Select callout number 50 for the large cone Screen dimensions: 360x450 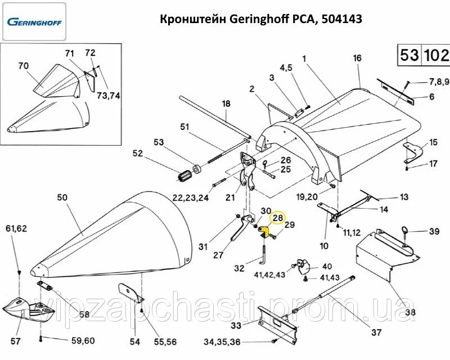[62, 197]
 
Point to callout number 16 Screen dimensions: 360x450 [357, 58]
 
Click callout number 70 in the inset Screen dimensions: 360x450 [23, 66]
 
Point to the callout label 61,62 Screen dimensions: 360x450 [16, 228]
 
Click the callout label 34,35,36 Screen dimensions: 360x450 [222, 342]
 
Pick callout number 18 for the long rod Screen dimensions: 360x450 [226, 103]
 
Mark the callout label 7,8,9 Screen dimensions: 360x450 [439, 81]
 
